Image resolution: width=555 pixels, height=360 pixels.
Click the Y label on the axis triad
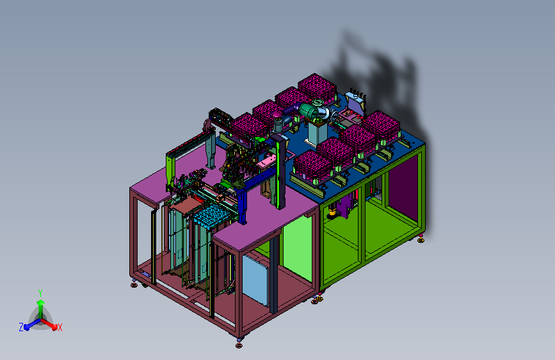(x=40, y=293)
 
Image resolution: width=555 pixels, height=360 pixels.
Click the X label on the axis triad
(x=60, y=328)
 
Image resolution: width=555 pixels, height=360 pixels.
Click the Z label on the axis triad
(x=21, y=327)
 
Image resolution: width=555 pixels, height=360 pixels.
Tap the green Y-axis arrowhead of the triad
(x=40, y=302)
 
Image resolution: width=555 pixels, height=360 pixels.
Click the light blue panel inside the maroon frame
(x=255, y=280)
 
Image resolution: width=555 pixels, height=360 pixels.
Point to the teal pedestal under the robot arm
(x=317, y=133)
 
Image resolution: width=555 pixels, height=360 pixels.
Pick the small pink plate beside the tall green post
(x=266, y=162)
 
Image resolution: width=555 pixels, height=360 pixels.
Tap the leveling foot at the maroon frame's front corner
(x=239, y=344)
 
